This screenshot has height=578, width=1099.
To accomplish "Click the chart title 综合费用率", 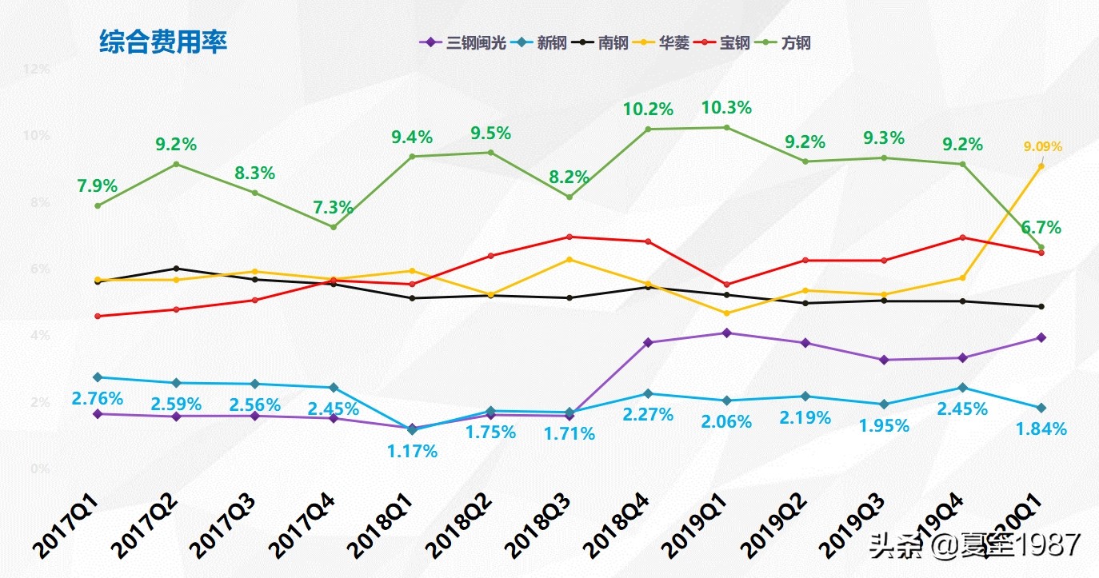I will point(163,42).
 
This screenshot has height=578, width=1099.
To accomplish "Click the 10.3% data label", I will point(726,107).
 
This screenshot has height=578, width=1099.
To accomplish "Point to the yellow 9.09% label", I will point(1042,146).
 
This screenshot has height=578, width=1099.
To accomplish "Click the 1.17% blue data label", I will point(413,452).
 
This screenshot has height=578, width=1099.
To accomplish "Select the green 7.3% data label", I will point(334,208).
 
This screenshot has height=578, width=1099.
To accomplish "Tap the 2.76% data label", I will point(98,398).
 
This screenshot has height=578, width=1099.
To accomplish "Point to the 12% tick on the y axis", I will point(37,69).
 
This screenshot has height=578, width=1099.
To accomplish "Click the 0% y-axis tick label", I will point(40,468).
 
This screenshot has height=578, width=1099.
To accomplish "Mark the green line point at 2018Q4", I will point(648,129).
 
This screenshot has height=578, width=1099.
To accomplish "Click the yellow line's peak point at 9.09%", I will point(1041,166).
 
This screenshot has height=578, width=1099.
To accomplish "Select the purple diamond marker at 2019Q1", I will point(726,333).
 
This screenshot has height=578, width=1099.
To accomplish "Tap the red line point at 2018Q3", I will point(569,237).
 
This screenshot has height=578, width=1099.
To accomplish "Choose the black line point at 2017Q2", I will point(176,269).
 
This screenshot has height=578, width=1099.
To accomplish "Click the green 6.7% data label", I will point(1041,228).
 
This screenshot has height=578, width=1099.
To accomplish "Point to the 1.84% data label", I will point(1041,429).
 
